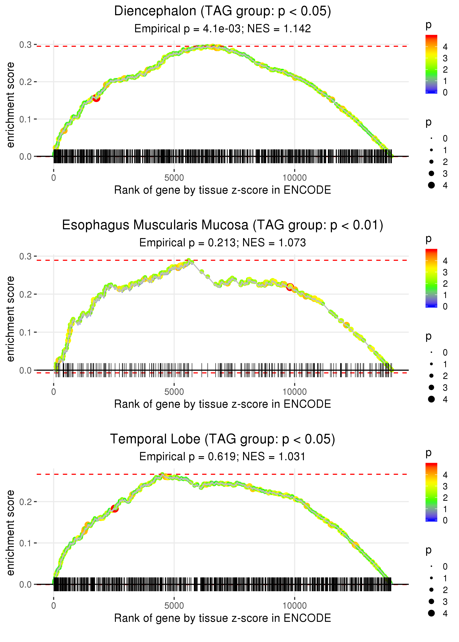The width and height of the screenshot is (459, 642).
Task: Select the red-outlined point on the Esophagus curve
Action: [290, 287]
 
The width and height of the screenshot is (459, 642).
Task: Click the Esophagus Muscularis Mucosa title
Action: [223, 225]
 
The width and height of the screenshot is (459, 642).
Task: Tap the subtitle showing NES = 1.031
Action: [223, 457]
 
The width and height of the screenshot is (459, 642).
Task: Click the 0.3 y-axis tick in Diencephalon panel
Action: [26, 45]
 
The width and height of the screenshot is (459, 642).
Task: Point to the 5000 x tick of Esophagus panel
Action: [174, 392]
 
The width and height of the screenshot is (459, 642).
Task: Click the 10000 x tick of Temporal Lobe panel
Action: [294, 606]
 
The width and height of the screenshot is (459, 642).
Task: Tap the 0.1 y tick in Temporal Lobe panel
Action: [26, 543]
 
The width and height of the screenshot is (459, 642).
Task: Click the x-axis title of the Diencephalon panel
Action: [223, 190]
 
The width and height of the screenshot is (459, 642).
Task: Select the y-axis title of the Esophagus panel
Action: [11, 319]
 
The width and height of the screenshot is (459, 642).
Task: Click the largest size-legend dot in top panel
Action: [431, 185]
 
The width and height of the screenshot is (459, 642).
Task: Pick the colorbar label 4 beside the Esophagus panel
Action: [445, 261]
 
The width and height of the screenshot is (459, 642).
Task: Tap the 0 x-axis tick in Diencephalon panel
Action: [54, 178]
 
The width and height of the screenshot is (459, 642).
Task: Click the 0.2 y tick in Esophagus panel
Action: [26, 294]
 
